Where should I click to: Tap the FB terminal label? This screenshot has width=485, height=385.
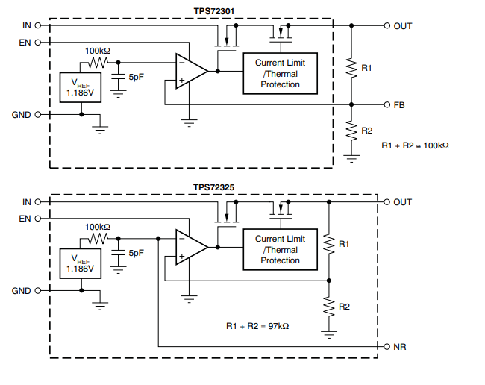[x=399, y=105]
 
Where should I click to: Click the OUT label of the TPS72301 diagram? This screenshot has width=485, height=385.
[x=403, y=25]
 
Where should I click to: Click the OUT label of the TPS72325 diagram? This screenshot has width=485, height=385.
[x=403, y=202]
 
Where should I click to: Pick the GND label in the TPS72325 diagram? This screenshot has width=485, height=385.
[x=22, y=291]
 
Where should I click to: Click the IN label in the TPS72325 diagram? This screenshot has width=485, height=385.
[x=27, y=202]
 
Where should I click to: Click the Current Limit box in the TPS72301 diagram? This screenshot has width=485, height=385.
[x=280, y=73]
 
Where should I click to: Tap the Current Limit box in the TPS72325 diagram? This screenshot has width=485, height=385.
[x=280, y=249]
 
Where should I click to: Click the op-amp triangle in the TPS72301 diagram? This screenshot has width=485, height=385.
[x=190, y=72]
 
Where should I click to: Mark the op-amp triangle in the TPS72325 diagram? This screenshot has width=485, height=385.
[x=190, y=248]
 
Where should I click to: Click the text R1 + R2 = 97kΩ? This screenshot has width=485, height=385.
[x=257, y=326]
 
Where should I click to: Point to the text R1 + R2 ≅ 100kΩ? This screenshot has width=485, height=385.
[x=415, y=145]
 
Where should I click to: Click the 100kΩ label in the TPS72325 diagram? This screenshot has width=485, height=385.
[x=98, y=227]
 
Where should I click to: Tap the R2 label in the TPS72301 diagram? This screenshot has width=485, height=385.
[x=366, y=131]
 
